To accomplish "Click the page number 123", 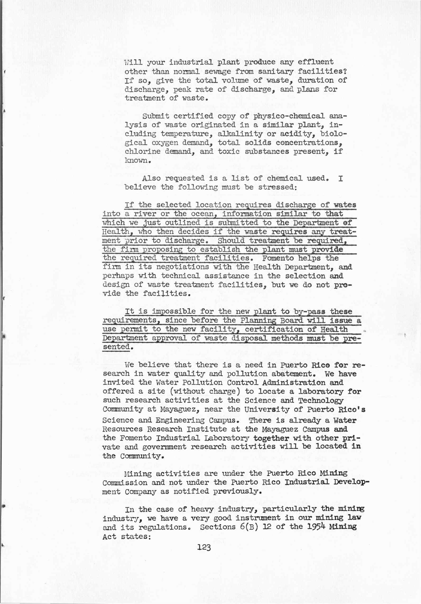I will (204, 548).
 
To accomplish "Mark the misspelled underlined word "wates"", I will (345, 205).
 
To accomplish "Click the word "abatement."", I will (295, 374).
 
